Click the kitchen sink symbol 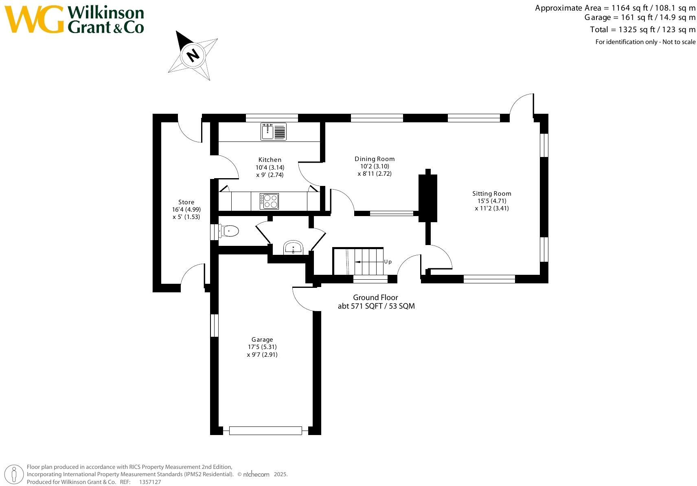click(x=273, y=132)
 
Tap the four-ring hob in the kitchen click(x=269, y=201)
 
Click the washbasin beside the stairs click(x=293, y=247)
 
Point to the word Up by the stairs click(x=388, y=262)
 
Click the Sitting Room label click(x=491, y=194)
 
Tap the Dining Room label click(x=375, y=159)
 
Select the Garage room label click(x=262, y=340)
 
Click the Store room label click(x=186, y=202)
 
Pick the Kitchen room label click(x=270, y=160)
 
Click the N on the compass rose click(x=193, y=54)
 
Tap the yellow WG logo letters click(x=34, y=20)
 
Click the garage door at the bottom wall click(x=265, y=431)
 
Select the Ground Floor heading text click(x=375, y=298)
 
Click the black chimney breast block click(x=428, y=198)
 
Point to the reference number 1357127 click(x=150, y=482)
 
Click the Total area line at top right click(x=642, y=30)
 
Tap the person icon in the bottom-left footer click(x=14, y=475)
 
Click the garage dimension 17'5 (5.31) click(x=262, y=347)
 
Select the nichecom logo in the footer click(x=256, y=474)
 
